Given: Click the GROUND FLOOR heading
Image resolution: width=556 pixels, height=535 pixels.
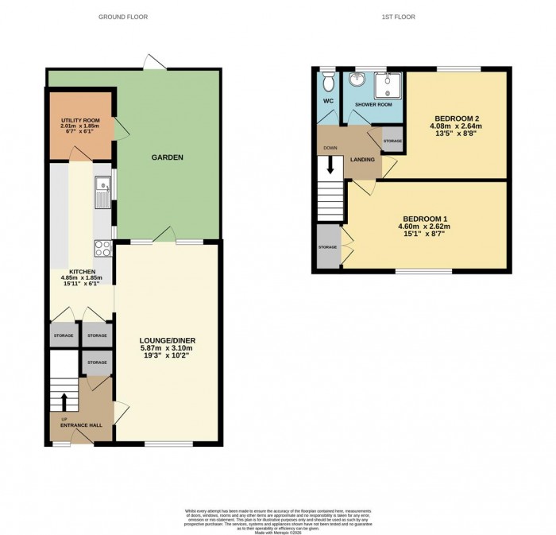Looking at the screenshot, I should (x=120, y=17).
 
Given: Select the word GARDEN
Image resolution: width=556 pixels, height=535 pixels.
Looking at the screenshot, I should (x=168, y=157).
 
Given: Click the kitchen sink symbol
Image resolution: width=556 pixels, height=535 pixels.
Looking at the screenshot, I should (x=102, y=188).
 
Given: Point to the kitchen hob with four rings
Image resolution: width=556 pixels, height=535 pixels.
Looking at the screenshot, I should (x=102, y=247).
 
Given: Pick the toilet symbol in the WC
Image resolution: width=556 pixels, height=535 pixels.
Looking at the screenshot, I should (x=328, y=82).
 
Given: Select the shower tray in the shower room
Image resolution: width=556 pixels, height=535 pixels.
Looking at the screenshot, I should (x=390, y=81).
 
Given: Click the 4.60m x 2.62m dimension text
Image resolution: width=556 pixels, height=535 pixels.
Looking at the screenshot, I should (x=426, y=227).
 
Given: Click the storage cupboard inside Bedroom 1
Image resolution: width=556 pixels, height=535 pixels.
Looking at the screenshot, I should (x=326, y=247).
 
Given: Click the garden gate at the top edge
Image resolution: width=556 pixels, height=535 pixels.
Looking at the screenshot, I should (x=150, y=61).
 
